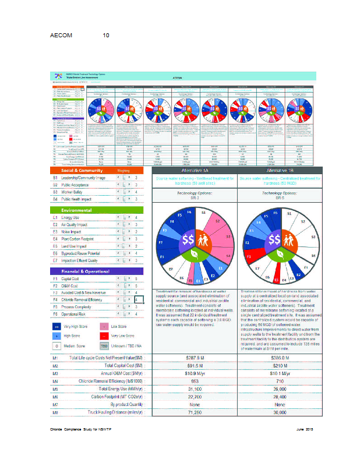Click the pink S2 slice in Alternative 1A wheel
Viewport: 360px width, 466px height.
218,224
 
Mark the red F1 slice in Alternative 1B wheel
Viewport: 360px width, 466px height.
248,256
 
